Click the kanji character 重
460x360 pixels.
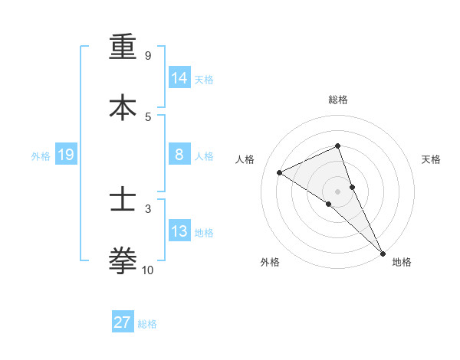(x=123, y=47)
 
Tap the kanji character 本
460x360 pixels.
(x=123, y=107)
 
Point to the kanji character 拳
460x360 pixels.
(x=123, y=260)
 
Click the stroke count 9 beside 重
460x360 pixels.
(x=147, y=56)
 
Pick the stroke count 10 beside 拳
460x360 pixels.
(x=148, y=270)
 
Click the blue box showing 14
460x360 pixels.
(x=179, y=78)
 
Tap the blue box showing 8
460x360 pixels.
(x=179, y=155)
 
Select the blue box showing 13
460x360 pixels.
(x=179, y=231)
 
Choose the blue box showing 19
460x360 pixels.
(x=65, y=155)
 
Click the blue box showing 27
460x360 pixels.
(x=123, y=322)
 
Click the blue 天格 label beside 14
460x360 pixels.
(x=204, y=80)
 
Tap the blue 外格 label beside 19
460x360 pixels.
(x=41, y=156)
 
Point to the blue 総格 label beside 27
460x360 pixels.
(x=147, y=324)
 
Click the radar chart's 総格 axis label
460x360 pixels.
(x=338, y=100)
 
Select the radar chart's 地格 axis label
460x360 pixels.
(x=402, y=262)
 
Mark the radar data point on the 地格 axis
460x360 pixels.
(x=383, y=253)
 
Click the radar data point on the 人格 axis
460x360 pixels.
(x=280, y=172)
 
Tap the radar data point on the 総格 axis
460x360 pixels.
(x=338, y=146)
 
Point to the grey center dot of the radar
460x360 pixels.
(x=338, y=191)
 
